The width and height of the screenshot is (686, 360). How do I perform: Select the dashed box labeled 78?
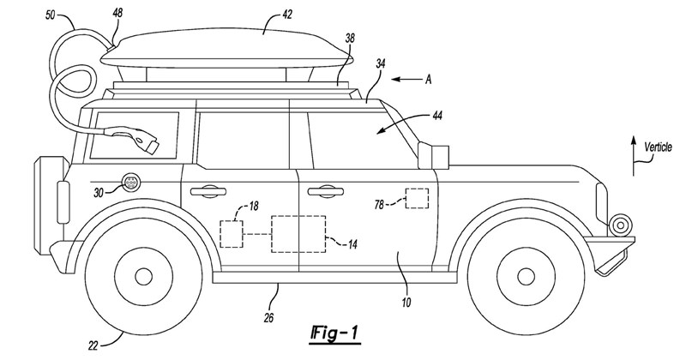(x=418, y=197)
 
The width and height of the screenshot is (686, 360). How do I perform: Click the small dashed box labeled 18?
(x=232, y=234)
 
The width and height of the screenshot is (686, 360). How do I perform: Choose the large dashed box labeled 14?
(x=298, y=231)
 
